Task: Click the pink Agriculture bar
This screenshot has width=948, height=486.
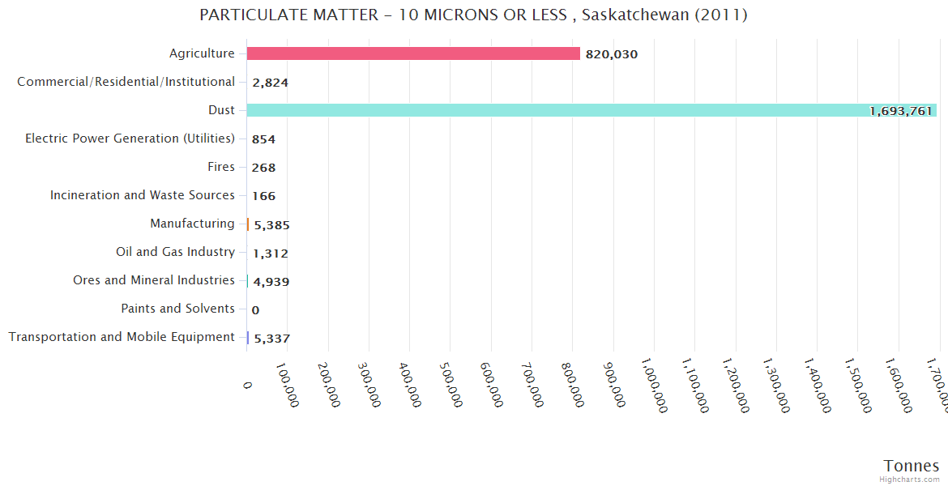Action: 413,53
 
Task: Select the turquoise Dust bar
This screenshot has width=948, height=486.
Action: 591,110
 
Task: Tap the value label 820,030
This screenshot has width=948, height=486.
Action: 612,54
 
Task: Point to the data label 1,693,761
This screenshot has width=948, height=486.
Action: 901,111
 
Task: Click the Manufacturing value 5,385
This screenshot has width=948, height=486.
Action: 271,225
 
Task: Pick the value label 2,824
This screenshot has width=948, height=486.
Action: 271,83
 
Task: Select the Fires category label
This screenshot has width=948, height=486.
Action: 221,167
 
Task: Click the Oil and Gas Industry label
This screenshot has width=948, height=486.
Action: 175,252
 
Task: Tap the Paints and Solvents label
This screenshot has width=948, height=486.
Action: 177,309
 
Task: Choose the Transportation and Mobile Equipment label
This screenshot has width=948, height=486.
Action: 122,337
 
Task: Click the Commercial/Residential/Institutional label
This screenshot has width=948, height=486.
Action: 126,82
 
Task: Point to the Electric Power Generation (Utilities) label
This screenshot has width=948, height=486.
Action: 130,139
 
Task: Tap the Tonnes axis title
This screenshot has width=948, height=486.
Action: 911,466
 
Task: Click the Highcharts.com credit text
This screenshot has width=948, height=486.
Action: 909,480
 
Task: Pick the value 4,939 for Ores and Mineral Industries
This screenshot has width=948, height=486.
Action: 271,282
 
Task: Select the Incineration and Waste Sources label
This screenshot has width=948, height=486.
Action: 143,195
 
